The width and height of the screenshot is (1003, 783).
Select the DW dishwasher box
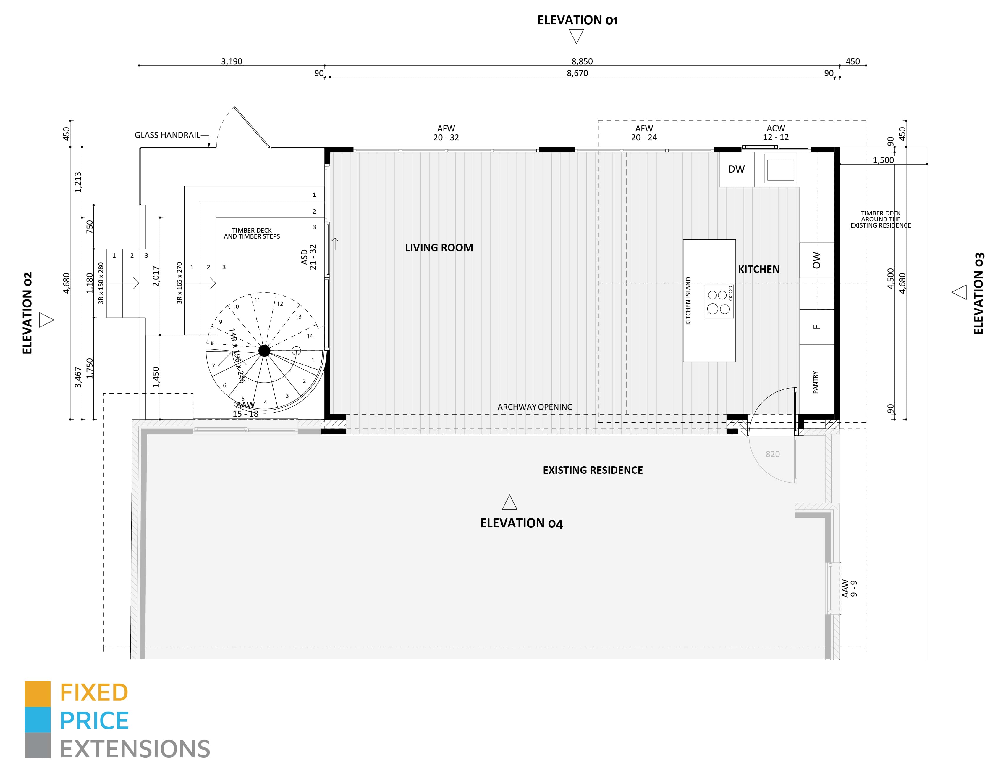(736, 169)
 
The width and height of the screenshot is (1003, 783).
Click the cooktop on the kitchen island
(718, 302)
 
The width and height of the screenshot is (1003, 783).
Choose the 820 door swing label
(772, 454)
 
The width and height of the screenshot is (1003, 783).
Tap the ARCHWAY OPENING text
(535, 407)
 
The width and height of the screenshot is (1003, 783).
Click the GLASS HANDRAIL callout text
(167, 135)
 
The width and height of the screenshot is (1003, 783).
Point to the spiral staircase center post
(264, 351)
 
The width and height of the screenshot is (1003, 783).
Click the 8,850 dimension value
(582, 61)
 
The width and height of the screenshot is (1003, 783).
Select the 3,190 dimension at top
(232, 61)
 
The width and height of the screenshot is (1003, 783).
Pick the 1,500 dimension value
(883, 160)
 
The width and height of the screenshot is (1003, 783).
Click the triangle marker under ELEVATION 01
(576, 36)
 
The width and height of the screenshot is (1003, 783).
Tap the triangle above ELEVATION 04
(509, 503)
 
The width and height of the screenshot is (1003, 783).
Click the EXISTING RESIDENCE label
(593, 470)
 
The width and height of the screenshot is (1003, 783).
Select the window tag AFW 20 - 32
(446, 133)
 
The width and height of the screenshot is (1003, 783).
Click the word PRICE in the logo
(94, 721)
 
